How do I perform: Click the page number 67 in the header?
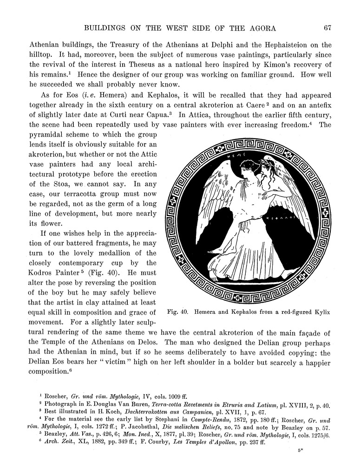coord(327,28)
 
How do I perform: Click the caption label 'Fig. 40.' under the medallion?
coord(176,312)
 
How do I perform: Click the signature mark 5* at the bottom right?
coord(301,451)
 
